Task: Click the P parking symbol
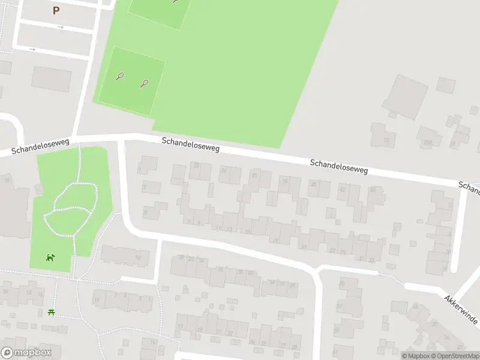(x=56, y=10)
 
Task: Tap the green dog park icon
(x=50, y=258)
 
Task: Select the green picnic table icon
(x=52, y=313)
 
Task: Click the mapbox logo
(x=26, y=353)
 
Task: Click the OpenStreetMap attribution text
(x=457, y=356)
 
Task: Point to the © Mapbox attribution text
(x=416, y=356)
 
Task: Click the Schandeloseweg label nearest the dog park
(x=40, y=146)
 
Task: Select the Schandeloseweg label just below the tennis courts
(x=190, y=144)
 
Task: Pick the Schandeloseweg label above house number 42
(x=338, y=166)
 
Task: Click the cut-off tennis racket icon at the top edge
(x=175, y=2)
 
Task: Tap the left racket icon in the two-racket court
(x=120, y=77)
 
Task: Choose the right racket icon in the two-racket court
(x=144, y=83)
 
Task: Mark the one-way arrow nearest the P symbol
(x=60, y=27)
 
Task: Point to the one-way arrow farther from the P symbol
(x=32, y=49)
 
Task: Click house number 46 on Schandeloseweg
(x=373, y=190)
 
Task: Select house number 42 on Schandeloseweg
(x=342, y=190)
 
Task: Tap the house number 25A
(x=427, y=142)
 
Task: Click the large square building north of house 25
(x=404, y=97)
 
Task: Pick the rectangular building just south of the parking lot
(x=51, y=79)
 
